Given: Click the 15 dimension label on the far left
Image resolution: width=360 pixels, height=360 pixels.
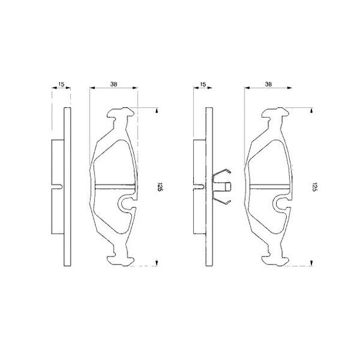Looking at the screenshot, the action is (x=61, y=84).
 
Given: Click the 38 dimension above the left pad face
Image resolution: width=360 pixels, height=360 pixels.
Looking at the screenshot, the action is (x=114, y=84).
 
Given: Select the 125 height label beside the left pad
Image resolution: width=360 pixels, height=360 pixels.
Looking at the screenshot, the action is (x=160, y=187).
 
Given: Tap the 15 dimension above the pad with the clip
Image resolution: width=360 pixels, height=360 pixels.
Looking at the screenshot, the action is (x=203, y=84).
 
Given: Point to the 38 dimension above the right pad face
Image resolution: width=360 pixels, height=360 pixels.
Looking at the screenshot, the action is (x=268, y=84).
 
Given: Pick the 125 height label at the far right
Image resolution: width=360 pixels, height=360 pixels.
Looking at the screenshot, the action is (x=315, y=187).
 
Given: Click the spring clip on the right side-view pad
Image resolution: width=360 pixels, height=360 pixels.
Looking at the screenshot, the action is (x=222, y=186).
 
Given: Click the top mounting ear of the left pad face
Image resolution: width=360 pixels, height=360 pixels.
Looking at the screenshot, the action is (x=121, y=112).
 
